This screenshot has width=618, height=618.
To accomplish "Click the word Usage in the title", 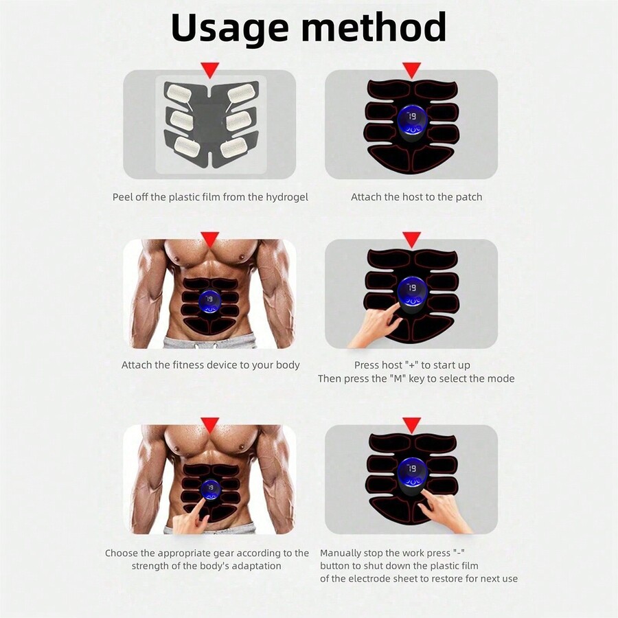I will pyautogui.click(x=231, y=29).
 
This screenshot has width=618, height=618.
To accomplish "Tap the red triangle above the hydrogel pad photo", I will pyautogui.click(x=210, y=69).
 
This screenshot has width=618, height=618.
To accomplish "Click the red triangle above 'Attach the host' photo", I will pyautogui.click(x=411, y=69).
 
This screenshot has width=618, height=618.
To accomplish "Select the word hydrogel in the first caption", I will pyautogui.click(x=284, y=197).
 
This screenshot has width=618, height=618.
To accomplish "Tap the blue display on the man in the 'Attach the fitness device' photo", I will pyautogui.click(x=209, y=300).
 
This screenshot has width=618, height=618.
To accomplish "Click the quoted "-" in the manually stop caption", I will pyautogui.click(x=459, y=553).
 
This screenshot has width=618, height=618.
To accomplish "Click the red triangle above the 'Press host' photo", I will pyautogui.click(x=411, y=239).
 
